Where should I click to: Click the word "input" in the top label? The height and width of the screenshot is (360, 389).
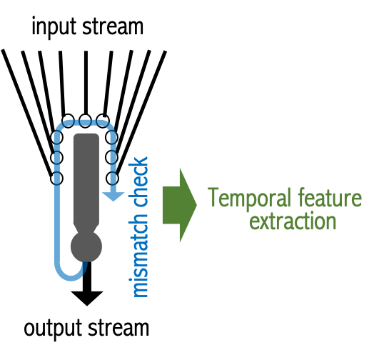coord(54,28)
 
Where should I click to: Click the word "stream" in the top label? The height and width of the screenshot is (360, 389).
coord(113,26)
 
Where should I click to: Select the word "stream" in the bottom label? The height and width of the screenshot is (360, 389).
coord(118,328)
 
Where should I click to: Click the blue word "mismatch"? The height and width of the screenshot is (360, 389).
coord(138,255)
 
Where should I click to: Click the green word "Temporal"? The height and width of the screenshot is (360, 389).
coord(249,199)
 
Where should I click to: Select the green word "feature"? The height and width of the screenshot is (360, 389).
coord(330,197)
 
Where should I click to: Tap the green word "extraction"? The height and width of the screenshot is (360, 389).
coord(293,221)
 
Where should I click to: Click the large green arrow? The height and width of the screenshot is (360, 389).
coord(180,205)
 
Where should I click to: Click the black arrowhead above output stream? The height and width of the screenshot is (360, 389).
coord(87,299)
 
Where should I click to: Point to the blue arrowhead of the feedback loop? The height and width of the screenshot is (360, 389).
coord(113,196)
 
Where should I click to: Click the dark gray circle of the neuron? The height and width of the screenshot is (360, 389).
coord(86,246)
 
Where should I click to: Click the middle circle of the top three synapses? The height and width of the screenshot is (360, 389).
coord(85,121)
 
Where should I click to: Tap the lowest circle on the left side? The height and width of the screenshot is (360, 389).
coord(57,179)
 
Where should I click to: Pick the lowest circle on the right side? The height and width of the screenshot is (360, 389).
coord(112,179)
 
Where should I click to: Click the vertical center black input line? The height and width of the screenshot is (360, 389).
coord(86,83)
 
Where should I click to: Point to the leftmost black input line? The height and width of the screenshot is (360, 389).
coord(27,113)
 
